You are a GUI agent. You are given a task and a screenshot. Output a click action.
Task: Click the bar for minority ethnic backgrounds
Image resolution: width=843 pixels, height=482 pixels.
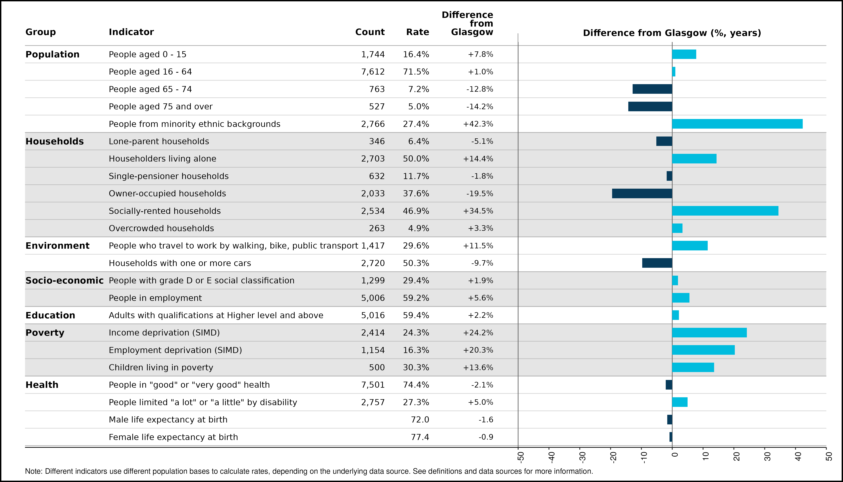pos(737,124)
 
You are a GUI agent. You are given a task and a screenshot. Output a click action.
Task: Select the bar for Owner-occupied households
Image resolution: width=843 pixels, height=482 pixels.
pos(642,193)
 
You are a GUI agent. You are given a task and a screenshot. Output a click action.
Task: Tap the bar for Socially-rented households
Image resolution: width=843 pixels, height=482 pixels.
pos(725,211)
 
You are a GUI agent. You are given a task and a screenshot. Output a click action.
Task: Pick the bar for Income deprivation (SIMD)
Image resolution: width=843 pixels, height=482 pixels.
pos(709,333)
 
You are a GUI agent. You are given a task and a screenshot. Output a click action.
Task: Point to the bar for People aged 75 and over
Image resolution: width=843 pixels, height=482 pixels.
pos(650,107)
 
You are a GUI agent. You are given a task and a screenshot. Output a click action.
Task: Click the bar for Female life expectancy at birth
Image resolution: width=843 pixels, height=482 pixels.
pos(671,437)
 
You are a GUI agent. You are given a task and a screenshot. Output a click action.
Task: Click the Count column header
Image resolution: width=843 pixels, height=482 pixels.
pos(370,32)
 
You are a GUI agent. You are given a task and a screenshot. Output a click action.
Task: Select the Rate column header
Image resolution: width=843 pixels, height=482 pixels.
pos(418,32)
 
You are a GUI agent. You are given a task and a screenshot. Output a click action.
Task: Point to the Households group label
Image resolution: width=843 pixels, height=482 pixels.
pos(55,141)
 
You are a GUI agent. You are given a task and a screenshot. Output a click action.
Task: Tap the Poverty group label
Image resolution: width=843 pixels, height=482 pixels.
pos(45,333)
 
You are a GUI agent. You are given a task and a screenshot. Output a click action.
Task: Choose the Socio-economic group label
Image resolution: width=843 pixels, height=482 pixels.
pos(65,280)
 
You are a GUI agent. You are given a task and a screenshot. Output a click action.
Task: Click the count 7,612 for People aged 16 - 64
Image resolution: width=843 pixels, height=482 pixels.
pos(373,72)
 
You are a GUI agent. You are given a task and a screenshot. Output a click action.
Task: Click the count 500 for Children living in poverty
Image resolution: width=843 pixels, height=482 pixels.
pos(377,368)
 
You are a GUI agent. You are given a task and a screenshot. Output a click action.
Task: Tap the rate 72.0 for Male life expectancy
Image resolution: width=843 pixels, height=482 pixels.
pos(420,420)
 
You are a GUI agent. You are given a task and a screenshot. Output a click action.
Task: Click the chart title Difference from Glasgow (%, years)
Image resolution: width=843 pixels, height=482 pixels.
pos(672,33)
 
